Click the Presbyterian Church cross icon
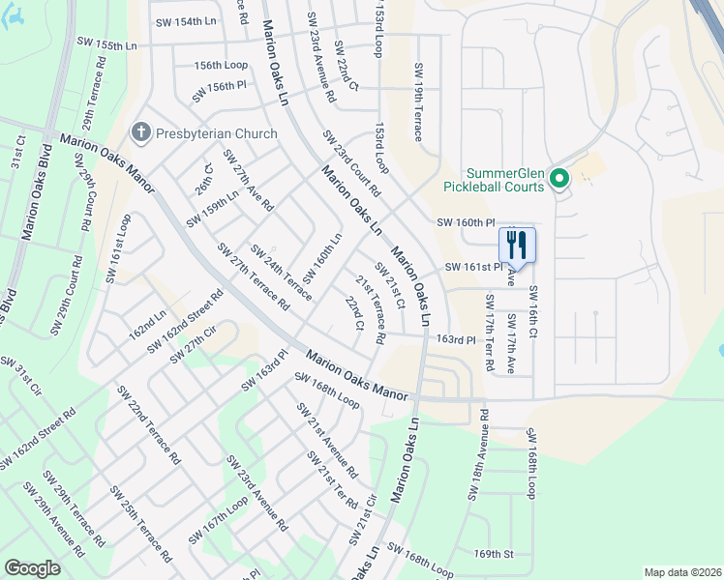coord(141,133)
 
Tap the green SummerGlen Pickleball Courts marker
coord(558,179)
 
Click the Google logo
coord(32,568)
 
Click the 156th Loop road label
coord(221,66)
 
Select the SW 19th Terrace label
coord(418,102)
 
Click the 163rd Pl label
coord(456,340)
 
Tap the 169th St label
coord(493,554)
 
